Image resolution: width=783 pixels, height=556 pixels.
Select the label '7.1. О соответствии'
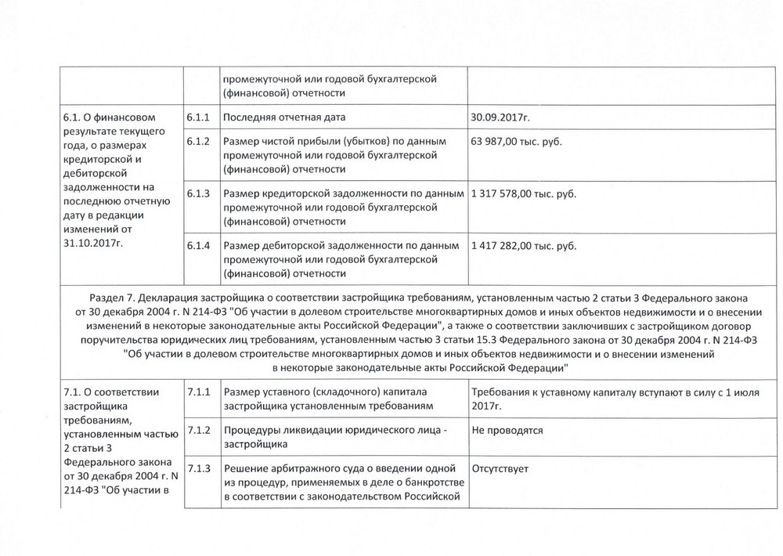pos(110,392)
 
